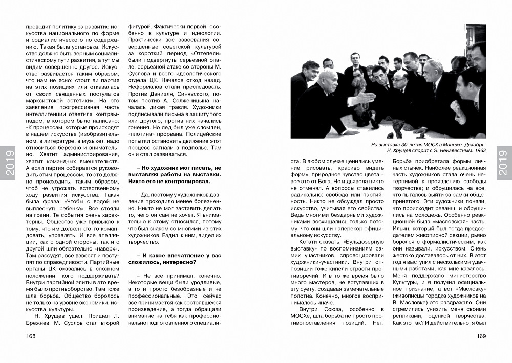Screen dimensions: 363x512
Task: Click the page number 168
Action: [31, 336]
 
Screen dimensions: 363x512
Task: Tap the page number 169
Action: [480, 336]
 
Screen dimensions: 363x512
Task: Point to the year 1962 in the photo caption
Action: [479, 150]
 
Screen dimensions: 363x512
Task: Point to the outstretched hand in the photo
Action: [365, 96]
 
